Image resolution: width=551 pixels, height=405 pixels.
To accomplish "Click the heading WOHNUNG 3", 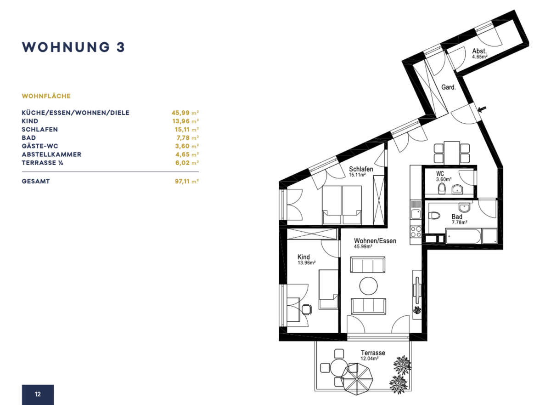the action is [73, 47].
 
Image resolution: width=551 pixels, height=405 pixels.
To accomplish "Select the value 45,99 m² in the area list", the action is [185, 113].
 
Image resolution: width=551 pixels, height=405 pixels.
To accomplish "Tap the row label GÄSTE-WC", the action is [40, 146].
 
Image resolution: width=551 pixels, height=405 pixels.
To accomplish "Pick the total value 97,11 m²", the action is [187, 182].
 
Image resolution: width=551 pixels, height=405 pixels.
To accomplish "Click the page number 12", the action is [38, 394].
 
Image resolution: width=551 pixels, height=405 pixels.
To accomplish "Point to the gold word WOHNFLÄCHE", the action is [46, 96].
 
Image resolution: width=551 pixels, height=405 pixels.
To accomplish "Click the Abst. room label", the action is [479, 51].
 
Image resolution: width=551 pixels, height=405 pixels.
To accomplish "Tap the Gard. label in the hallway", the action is [449, 87].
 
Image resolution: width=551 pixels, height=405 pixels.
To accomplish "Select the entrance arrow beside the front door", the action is [482, 109].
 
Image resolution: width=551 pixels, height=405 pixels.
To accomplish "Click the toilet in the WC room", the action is [442, 189].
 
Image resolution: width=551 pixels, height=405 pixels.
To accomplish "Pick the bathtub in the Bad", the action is [463, 236].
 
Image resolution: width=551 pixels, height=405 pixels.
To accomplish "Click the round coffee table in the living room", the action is [368, 286].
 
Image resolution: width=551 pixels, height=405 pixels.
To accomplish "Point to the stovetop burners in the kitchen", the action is [416, 232].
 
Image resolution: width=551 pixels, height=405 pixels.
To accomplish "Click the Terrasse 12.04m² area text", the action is [372, 355].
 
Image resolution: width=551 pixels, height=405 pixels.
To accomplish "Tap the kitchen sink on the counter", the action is [416, 214].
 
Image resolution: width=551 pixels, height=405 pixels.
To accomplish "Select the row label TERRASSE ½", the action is [42, 163].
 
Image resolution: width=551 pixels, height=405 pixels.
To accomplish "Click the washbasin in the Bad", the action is [464, 207].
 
